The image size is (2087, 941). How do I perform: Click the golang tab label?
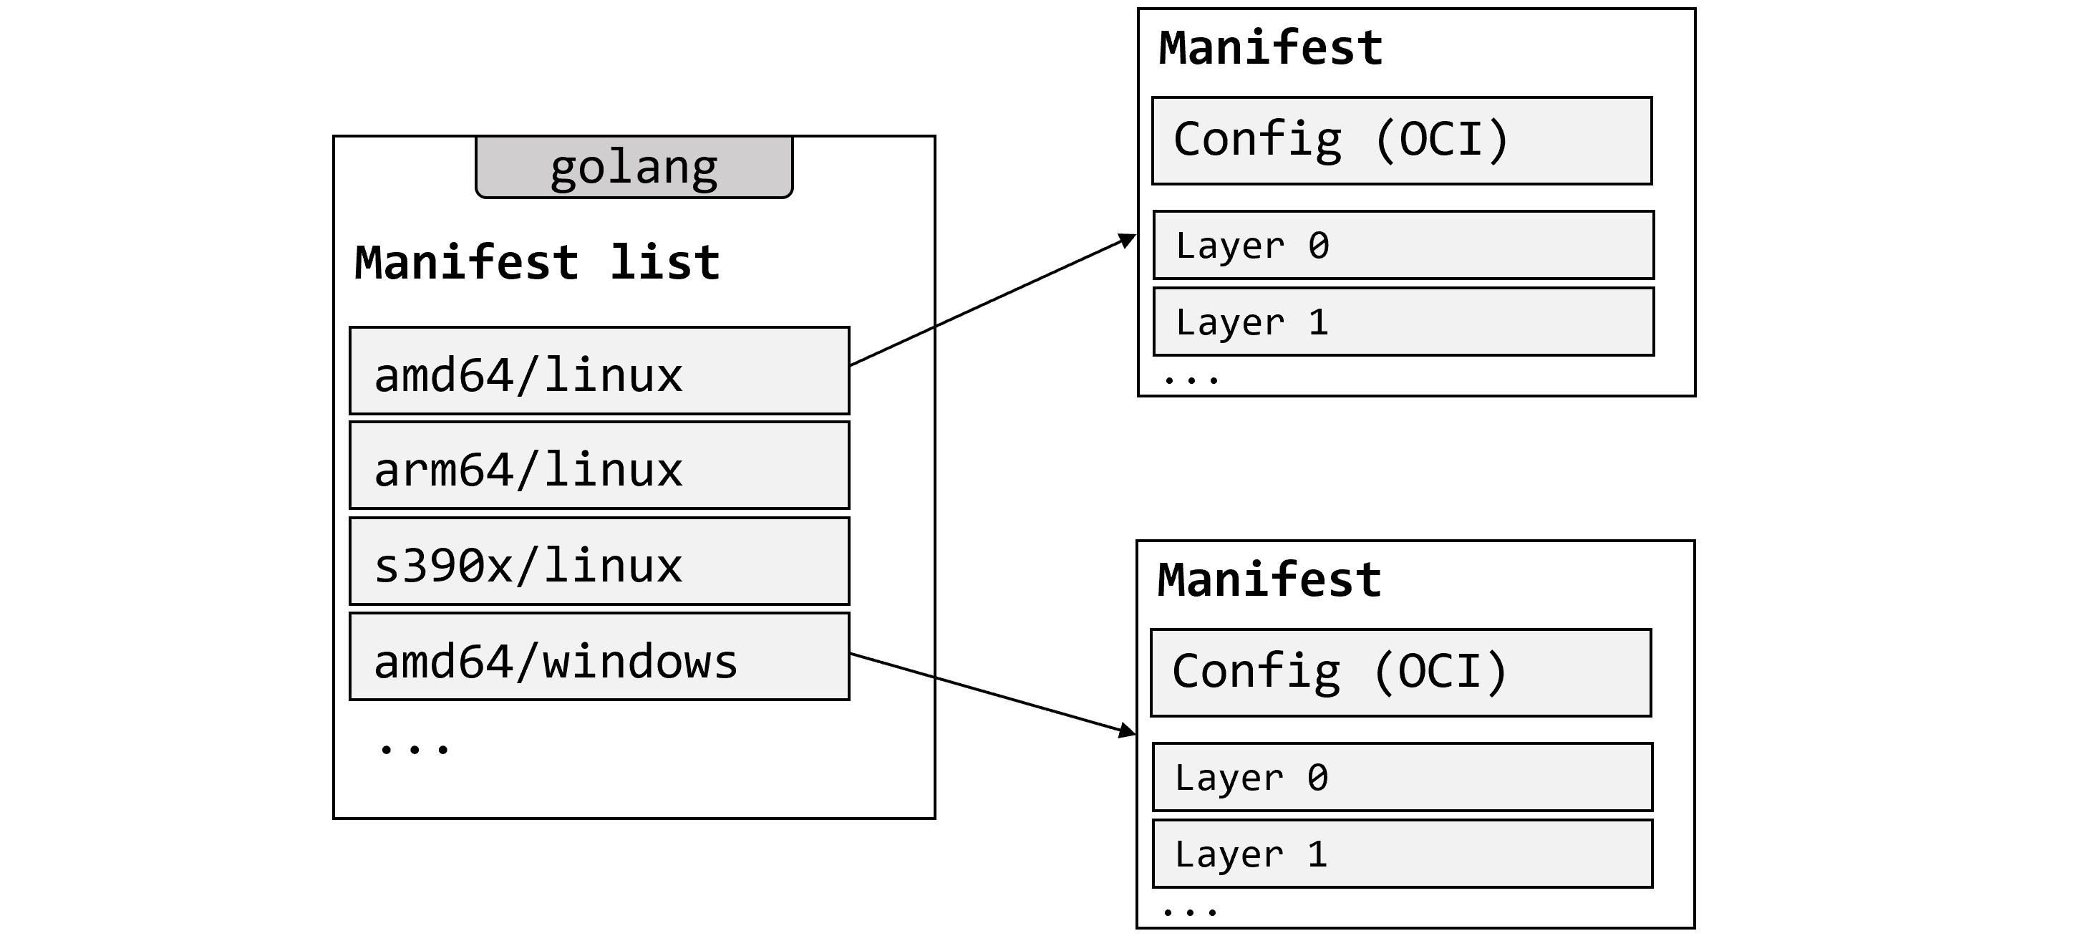pyautogui.click(x=634, y=168)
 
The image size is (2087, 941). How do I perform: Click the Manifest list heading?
pyautogui.click(x=536, y=263)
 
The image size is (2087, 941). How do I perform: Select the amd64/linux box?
pyautogui.click(x=599, y=371)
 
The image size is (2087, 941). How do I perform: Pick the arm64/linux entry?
pyautogui.click(x=599, y=466)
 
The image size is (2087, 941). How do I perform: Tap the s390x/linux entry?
pyautogui.click(x=599, y=561)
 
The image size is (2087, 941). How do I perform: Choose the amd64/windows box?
pyautogui.click(x=599, y=657)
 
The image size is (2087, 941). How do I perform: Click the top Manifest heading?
pyautogui.click(x=1270, y=48)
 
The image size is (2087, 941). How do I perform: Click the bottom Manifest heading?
pyautogui.click(x=1269, y=580)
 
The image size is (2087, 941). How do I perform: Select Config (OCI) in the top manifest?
pyautogui.click(x=1402, y=141)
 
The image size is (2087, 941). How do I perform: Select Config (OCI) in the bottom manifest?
pyautogui.click(x=1400, y=672)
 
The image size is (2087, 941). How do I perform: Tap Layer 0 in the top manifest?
pyautogui.click(x=1403, y=246)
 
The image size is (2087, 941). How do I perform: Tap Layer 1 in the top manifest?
pyautogui.click(x=1403, y=322)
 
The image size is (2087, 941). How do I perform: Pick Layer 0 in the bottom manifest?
pyautogui.click(x=1403, y=777)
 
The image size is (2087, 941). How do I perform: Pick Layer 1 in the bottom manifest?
pyautogui.click(x=1403, y=854)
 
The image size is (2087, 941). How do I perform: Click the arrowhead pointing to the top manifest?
pyautogui.click(x=1128, y=240)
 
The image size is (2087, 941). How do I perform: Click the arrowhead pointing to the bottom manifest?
pyautogui.click(x=1127, y=731)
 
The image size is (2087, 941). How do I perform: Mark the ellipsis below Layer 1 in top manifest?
pyautogui.click(x=1190, y=379)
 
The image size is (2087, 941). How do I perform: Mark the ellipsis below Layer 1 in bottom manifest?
pyautogui.click(x=1188, y=912)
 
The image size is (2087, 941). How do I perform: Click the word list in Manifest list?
pyautogui.click(x=664, y=263)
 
